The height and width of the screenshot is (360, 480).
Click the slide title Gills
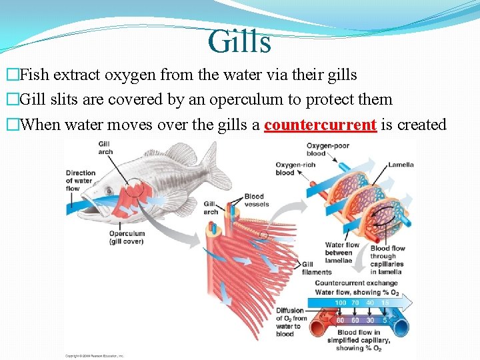pos(239,41)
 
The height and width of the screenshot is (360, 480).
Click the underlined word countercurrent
pos(321,125)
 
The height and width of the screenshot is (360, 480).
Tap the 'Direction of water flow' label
pos(80,181)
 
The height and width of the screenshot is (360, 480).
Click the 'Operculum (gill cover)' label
pos(127,237)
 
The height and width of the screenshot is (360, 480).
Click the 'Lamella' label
pos(401,165)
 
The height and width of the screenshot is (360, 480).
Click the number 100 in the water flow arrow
pos(341,303)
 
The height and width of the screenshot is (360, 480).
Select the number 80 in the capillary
pos(341,320)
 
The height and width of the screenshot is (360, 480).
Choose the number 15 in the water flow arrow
pos(384,303)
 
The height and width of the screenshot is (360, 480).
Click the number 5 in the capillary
pos(385,320)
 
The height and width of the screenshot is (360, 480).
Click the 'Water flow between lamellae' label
pos(339,253)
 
